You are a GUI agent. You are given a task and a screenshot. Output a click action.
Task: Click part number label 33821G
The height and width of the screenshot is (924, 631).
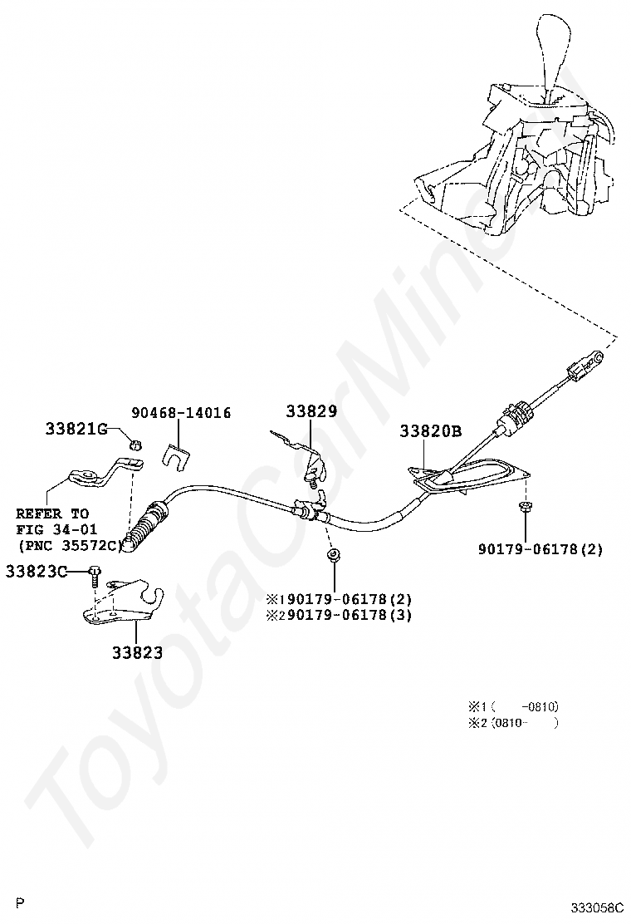[76, 429]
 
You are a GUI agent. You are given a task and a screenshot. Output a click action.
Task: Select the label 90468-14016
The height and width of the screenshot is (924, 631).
[181, 413]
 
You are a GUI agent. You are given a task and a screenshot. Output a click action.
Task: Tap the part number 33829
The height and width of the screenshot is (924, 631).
[311, 410]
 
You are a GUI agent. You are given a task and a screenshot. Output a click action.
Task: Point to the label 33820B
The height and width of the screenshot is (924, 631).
[430, 431]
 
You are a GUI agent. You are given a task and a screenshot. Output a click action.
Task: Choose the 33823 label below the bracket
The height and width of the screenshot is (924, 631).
[137, 652]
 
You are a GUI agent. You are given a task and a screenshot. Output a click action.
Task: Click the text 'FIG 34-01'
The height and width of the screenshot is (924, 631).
[56, 529]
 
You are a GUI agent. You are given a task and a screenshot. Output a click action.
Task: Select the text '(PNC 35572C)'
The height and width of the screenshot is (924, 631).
[70, 545]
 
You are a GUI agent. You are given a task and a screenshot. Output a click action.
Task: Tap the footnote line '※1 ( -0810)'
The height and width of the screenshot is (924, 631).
[513, 706]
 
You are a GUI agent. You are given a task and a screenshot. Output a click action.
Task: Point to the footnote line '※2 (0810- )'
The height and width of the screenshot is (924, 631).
[513, 723]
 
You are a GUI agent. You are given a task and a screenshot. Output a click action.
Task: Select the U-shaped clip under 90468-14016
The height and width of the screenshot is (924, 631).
[176, 453]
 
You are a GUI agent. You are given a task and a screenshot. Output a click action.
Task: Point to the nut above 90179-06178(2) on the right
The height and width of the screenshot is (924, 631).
[525, 506]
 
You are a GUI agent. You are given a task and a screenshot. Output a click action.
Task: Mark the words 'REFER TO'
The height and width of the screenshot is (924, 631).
[52, 514]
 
